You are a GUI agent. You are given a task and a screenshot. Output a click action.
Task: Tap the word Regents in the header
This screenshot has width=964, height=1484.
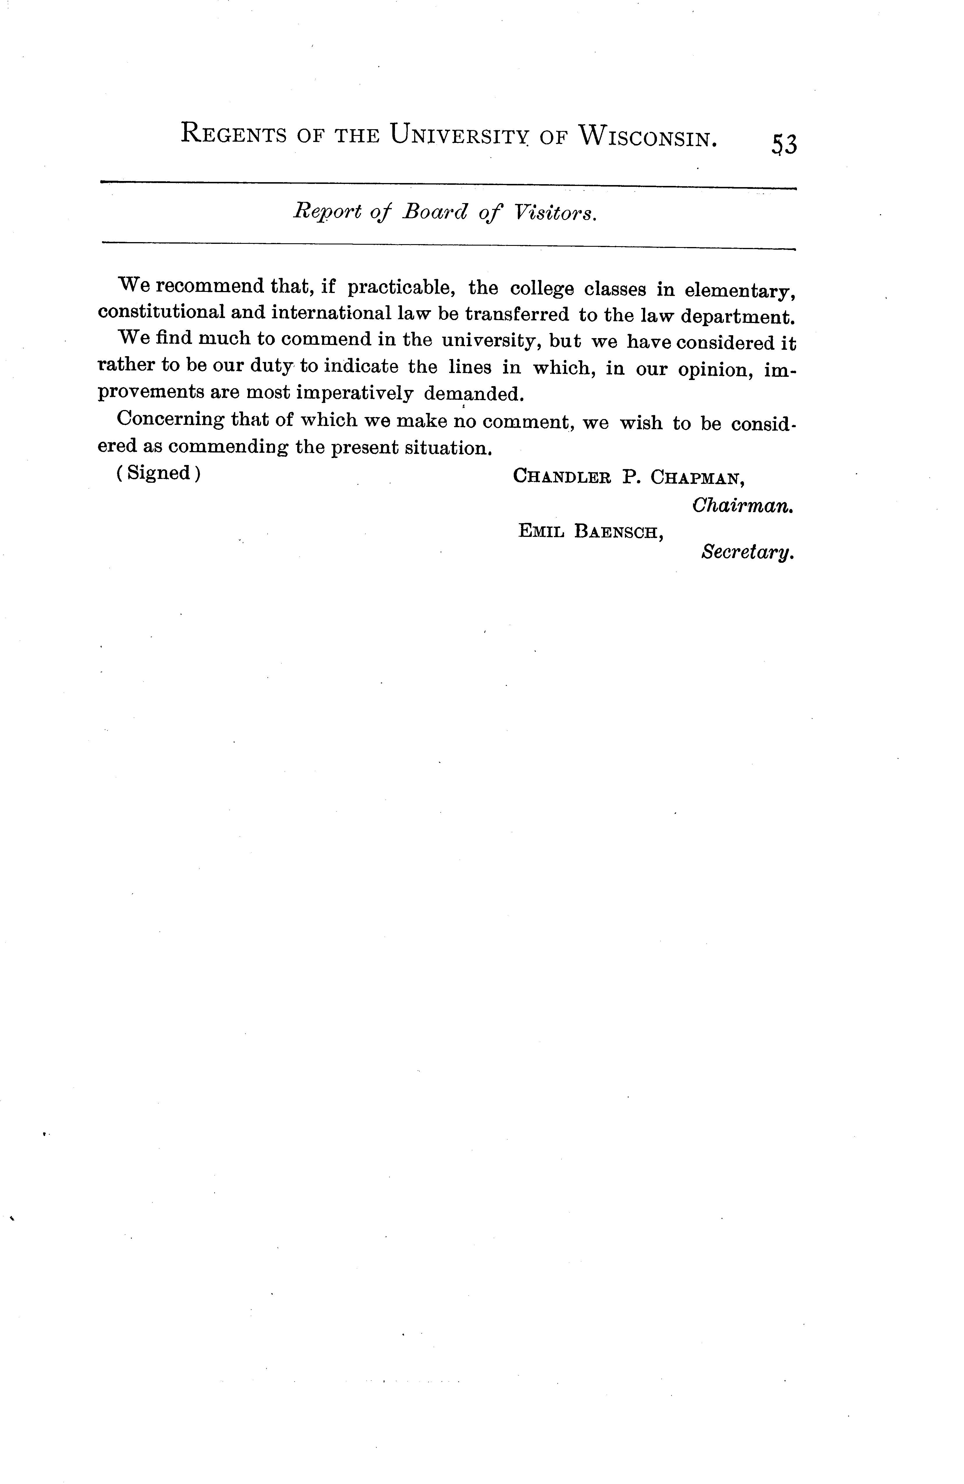pyautogui.click(x=233, y=134)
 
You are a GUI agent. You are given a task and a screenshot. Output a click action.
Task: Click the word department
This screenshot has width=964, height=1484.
pyautogui.click(x=738, y=316)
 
